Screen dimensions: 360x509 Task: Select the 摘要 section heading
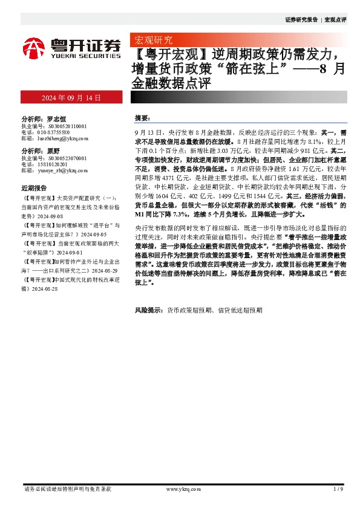[x=142, y=118]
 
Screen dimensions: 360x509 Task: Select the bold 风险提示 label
[x=148, y=310]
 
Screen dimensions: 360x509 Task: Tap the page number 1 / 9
[x=338, y=488]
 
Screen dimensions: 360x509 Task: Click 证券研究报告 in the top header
[x=301, y=20]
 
